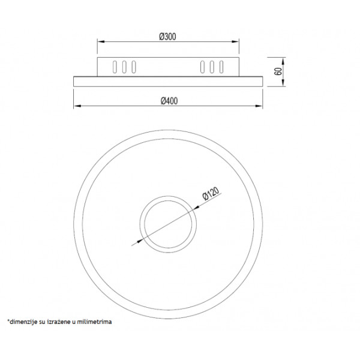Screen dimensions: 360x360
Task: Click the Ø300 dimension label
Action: tap(168, 37)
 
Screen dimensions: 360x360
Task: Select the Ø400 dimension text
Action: tap(169, 101)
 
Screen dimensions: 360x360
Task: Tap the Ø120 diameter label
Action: tap(211, 194)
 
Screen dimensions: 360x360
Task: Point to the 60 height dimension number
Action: tap(278, 71)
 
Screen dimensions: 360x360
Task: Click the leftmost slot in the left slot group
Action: tap(115, 67)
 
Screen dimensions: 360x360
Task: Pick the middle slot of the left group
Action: tap(124, 67)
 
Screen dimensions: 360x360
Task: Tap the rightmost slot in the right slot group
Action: tap(221, 67)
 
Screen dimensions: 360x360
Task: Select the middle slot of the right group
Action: tap(212, 67)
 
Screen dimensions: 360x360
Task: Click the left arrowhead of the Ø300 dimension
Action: tap(101, 41)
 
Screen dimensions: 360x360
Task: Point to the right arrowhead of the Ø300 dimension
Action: tap(235, 41)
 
